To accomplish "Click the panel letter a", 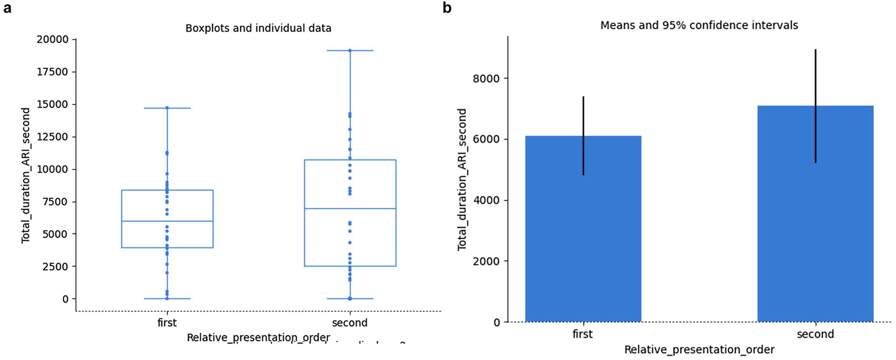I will [8, 9].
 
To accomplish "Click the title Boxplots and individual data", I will [258, 28].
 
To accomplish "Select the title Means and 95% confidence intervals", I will [699, 26].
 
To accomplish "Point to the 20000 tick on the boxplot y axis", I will [53, 40].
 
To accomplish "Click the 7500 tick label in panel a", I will [55, 202].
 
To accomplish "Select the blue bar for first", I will [583, 233].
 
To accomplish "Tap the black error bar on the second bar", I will [815, 105].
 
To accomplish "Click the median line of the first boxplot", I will [167, 221].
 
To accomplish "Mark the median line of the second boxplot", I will [350, 208].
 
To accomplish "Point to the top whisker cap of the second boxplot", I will [350, 51].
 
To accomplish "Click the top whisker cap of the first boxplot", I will [167, 108].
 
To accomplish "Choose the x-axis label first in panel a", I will [167, 323].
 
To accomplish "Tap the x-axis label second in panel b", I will [815, 334].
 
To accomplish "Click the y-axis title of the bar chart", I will [462, 180].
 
